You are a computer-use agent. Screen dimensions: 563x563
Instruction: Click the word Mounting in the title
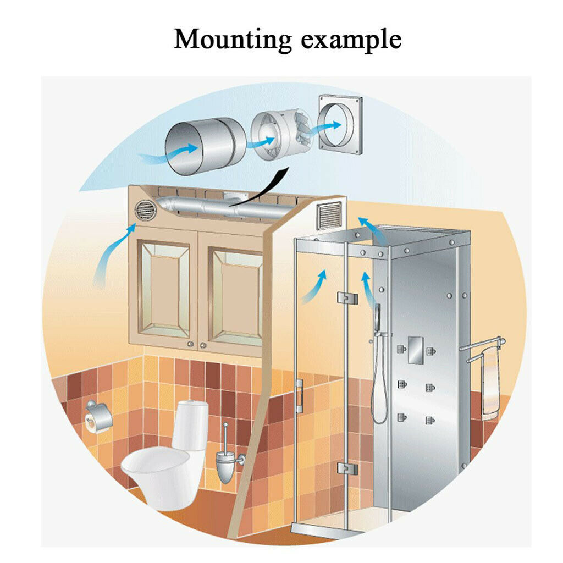(x=233, y=40)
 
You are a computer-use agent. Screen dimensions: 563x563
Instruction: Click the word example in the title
(x=351, y=40)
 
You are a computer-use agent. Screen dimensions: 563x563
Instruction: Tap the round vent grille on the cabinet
(x=145, y=211)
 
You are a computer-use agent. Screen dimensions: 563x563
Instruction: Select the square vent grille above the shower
(x=329, y=215)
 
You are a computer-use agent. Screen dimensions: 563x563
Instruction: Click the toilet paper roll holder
(x=98, y=417)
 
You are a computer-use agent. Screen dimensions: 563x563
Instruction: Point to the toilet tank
(x=190, y=425)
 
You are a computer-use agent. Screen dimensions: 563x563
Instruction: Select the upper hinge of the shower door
(x=347, y=297)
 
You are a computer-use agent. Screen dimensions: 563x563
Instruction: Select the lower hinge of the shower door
(x=347, y=468)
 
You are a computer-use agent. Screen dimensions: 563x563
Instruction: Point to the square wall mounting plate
(x=340, y=125)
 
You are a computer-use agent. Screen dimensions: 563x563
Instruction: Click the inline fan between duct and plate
(x=281, y=133)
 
